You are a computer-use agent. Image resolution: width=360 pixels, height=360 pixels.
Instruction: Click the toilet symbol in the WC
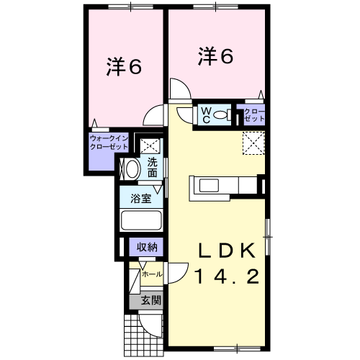(222, 115)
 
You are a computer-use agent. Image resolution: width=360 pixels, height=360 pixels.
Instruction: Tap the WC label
(206, 115)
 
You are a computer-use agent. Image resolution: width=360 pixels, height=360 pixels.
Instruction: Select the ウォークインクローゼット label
(109, 143)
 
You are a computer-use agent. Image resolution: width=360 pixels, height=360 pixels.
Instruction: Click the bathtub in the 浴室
(141, 220)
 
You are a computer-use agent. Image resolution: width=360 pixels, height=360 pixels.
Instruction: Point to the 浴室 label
(141, 199)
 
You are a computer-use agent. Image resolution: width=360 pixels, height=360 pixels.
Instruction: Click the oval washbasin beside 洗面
(132, 169)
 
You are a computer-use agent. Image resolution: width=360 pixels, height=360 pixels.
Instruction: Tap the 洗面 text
(153, 168)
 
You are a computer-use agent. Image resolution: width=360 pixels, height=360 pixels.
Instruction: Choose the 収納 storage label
(147, 247)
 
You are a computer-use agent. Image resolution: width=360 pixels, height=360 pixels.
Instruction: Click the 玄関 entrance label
(150, 300)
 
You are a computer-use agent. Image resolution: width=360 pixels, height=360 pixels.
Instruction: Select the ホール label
(152, 274)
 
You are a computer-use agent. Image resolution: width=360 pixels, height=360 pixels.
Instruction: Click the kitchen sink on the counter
(209, 186)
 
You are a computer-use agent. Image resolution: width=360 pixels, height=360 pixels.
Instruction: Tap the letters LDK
(226, 251)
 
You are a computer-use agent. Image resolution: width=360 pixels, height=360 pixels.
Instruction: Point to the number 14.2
(228, 276)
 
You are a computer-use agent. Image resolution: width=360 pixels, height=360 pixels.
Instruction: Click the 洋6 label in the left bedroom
(124, 66)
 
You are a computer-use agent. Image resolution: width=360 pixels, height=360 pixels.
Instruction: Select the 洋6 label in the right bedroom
(215, 56)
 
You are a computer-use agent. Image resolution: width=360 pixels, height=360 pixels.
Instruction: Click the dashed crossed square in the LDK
(253, 143)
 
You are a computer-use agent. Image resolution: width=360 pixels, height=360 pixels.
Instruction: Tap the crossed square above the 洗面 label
(150, 145)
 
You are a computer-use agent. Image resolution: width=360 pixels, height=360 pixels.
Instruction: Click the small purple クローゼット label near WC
(254, 115)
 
